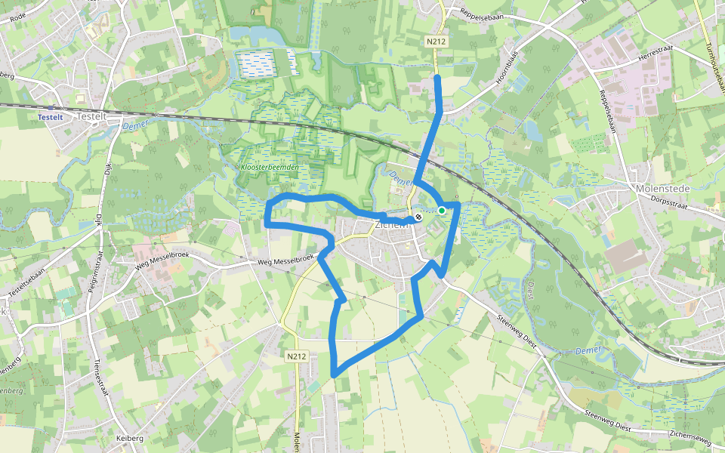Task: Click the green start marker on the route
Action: point(441,211)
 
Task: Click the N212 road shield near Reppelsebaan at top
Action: point(435,42)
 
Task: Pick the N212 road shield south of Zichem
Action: point(296,355)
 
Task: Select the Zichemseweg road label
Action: point(691,433)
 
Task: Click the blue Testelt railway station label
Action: point(50,118)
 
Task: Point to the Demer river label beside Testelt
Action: point(135,127)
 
